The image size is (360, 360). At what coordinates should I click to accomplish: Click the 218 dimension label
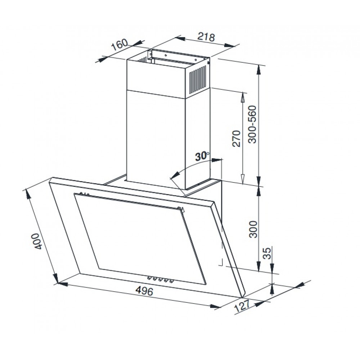click(x=206, y=37)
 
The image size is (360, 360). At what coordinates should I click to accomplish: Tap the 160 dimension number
click(x=120, y=45)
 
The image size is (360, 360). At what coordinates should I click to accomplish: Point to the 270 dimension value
click(x=236, y=138)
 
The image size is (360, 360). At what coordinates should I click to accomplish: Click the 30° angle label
click(x=202, y=156)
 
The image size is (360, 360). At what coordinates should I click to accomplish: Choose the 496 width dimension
click(x=144, y=291)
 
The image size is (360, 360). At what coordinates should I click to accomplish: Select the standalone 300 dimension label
click(x=253, y=229)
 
